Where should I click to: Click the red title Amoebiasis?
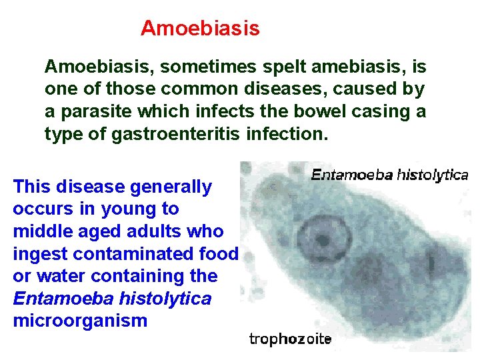(200, 29)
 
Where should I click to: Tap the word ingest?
(39, 254)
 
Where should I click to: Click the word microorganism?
(79, 321)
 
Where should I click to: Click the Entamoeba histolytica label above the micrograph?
(389, 175)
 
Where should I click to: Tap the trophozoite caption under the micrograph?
(290, 339)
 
